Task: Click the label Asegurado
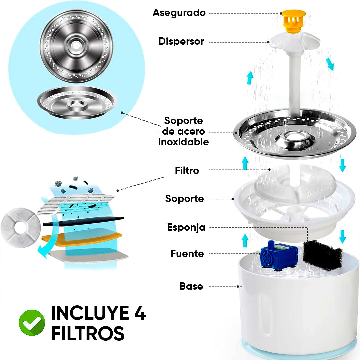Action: tap(179, 13)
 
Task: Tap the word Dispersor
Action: tap(181, 41)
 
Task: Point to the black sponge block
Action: tap(323, 255)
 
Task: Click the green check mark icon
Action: tap(32, 323)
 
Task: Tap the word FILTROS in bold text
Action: tap(88, 333)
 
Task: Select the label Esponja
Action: tap(186, 227)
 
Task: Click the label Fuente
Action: tap(187, 254)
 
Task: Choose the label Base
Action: tap(191, 286)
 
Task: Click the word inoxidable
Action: tap(183, 142)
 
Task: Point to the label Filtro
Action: tap(187, 171)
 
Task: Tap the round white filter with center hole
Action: tap(21, 228)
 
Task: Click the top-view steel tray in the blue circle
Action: tap(76, 46)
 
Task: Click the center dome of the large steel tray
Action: tap(295, 139)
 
